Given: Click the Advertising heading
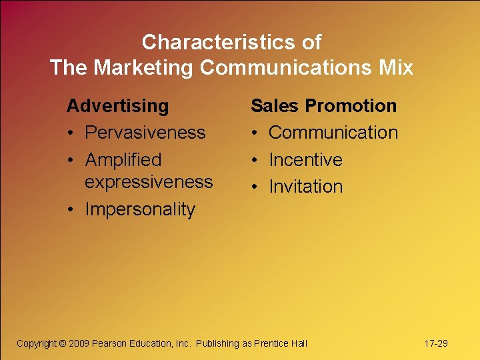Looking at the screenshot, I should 118,106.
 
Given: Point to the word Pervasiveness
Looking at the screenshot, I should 145,133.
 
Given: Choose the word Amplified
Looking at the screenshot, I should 123,160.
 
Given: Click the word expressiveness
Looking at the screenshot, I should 149,181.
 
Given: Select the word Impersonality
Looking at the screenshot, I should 140,209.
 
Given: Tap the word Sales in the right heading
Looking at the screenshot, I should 273,106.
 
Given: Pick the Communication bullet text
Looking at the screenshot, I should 333,133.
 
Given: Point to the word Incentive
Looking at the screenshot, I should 305,160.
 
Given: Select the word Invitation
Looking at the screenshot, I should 305,187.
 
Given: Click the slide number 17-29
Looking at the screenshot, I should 436,343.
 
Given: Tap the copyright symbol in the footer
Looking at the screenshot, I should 63,343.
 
